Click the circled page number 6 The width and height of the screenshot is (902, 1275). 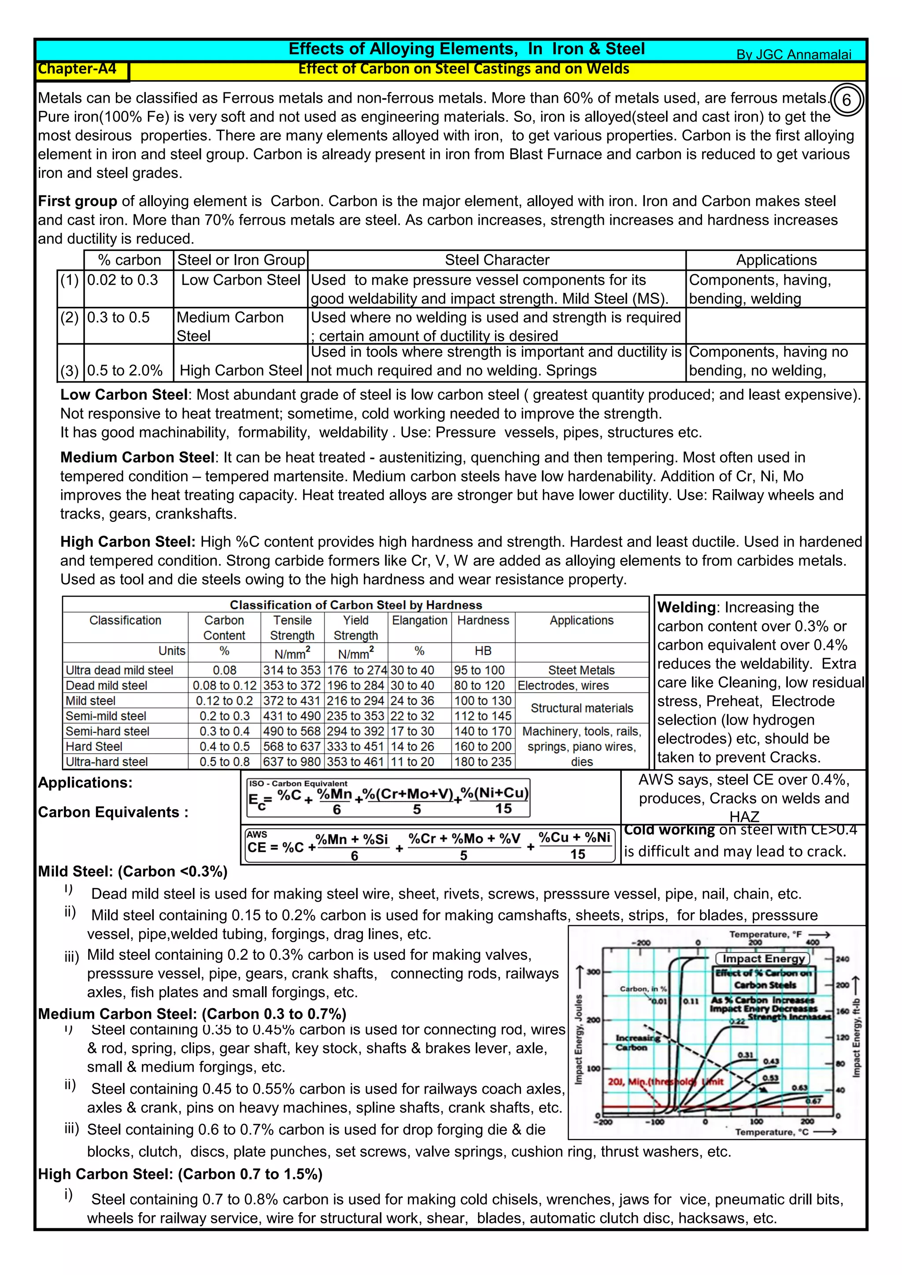(847, 100)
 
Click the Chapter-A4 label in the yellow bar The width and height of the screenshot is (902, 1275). (77, 69)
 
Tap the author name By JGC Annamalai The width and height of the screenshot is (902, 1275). (793, 55)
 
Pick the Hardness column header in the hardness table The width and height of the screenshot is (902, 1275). (483, 620)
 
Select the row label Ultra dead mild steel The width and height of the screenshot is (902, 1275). (119, 670)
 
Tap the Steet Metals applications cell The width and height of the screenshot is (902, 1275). (581, 670)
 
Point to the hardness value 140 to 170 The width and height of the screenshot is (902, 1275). (483, 731)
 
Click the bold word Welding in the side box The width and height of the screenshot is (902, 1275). (686, 608)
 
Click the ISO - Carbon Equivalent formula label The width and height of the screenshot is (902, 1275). (298, 784)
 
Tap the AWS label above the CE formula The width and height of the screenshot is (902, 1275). (257, 834)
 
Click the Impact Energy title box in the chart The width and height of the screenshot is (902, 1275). (763, 958)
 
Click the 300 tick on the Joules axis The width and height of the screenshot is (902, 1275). (594, 972)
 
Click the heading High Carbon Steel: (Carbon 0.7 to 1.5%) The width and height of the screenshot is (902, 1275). (180, 1174)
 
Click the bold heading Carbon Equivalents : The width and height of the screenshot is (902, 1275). (113, 812)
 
